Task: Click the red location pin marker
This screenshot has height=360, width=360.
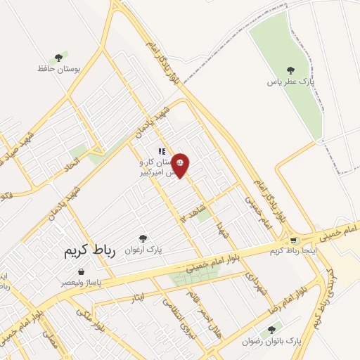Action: pyautogui.click(x=181, y=165)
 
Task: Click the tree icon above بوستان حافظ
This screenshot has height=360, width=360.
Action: pyautogui.click(x=58, y=58)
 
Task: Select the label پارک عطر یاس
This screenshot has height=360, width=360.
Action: pyautogui.click(x=289, y=82)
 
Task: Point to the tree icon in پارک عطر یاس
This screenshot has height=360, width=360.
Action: pyautogui.click(x=290, y=70)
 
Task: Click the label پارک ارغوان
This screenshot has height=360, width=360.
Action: pyautogui.click(x=143, y=250)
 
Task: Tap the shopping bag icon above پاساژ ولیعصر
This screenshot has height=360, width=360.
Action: pyautogui.click(x=82, y=271)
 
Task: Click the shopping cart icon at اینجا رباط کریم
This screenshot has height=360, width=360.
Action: pyautogui.click(x=294, y=240)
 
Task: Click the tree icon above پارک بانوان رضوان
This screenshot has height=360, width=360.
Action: pyautogui.click(x=272, y=328)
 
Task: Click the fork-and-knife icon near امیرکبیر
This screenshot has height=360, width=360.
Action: pyautogui.click(x=162, y=150)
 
